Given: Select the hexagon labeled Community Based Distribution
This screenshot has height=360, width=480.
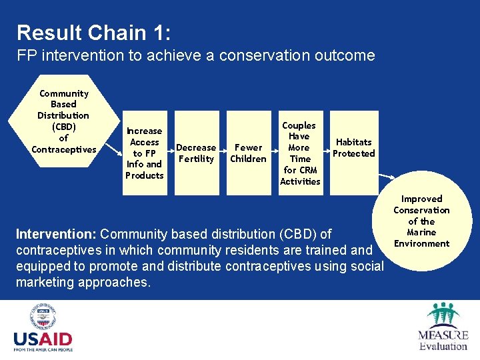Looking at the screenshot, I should (x=64, y=121).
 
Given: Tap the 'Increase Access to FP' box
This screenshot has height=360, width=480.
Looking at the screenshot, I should (x=145, y=153).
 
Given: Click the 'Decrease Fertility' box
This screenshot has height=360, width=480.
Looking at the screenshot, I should (x=196, y=153).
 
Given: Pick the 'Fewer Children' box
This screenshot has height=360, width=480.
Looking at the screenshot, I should (x=248, y=153).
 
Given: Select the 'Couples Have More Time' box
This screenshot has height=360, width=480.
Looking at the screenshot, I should (x=300, y=153).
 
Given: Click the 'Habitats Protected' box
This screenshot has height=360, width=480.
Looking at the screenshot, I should (x=353, y=147).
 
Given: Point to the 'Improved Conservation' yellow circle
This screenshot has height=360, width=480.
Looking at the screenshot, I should (x=421, y=221).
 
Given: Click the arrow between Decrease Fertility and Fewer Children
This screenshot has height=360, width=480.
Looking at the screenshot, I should (x=222, y=153).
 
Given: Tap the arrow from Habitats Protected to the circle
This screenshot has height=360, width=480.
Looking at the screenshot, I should (x=387, y=178).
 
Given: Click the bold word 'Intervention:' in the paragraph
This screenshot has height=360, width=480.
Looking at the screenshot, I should (x=56, y=235).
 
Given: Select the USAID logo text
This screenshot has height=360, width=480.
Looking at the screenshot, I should (x=43, y=339).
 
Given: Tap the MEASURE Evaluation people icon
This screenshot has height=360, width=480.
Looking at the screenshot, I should (x=443, y=315).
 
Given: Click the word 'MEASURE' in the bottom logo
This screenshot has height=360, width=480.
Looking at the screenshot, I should (x=443, y=335).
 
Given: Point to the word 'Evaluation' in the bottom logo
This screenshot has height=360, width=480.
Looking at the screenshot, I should (x=443, y=346).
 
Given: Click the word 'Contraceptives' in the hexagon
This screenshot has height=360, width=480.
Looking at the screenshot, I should (x=64, y=149).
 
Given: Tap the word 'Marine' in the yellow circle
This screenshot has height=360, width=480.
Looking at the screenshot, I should (x=421, y=232).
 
